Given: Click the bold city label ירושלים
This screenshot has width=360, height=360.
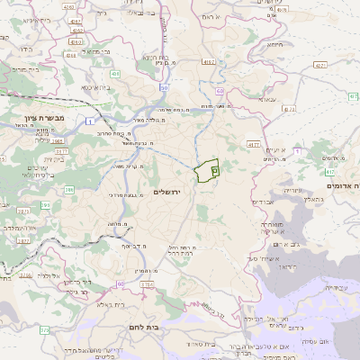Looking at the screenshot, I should tap(167, 192).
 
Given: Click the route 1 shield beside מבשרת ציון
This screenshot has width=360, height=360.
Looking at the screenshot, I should tap(90, 120).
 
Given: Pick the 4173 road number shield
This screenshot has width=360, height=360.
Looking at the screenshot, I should tap(290, 109).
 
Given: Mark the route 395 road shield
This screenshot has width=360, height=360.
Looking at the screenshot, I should tap(69, 189).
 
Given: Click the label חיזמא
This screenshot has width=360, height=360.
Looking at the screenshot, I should tap(274, 43).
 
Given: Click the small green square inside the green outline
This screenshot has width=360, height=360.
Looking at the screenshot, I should tap(214, 168).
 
